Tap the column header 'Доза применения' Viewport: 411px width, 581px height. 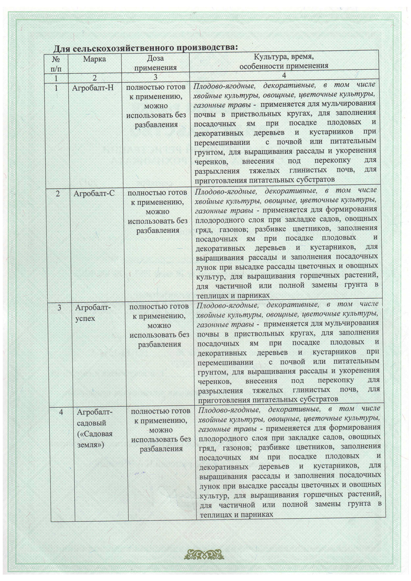155,63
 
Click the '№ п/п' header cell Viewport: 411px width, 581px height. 56,63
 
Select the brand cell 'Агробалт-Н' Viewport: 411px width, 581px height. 93,88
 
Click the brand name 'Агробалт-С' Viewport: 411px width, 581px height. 94,193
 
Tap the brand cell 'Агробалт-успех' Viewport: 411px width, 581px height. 93,313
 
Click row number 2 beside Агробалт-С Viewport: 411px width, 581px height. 58,194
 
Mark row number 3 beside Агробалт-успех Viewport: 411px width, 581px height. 59,308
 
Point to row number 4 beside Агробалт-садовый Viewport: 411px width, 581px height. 61,412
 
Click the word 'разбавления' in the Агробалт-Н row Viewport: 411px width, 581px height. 156,125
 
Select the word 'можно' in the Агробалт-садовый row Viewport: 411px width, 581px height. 161,430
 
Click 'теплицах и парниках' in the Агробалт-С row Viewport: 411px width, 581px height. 233,295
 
